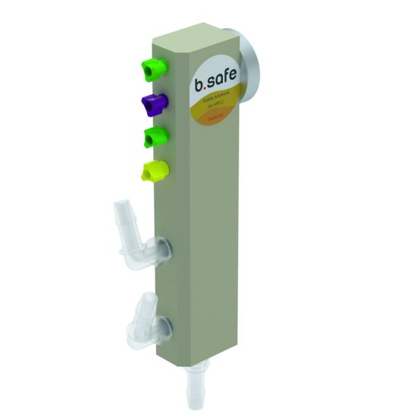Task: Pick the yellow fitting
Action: point(153,172)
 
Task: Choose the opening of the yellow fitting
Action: point(146,174)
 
